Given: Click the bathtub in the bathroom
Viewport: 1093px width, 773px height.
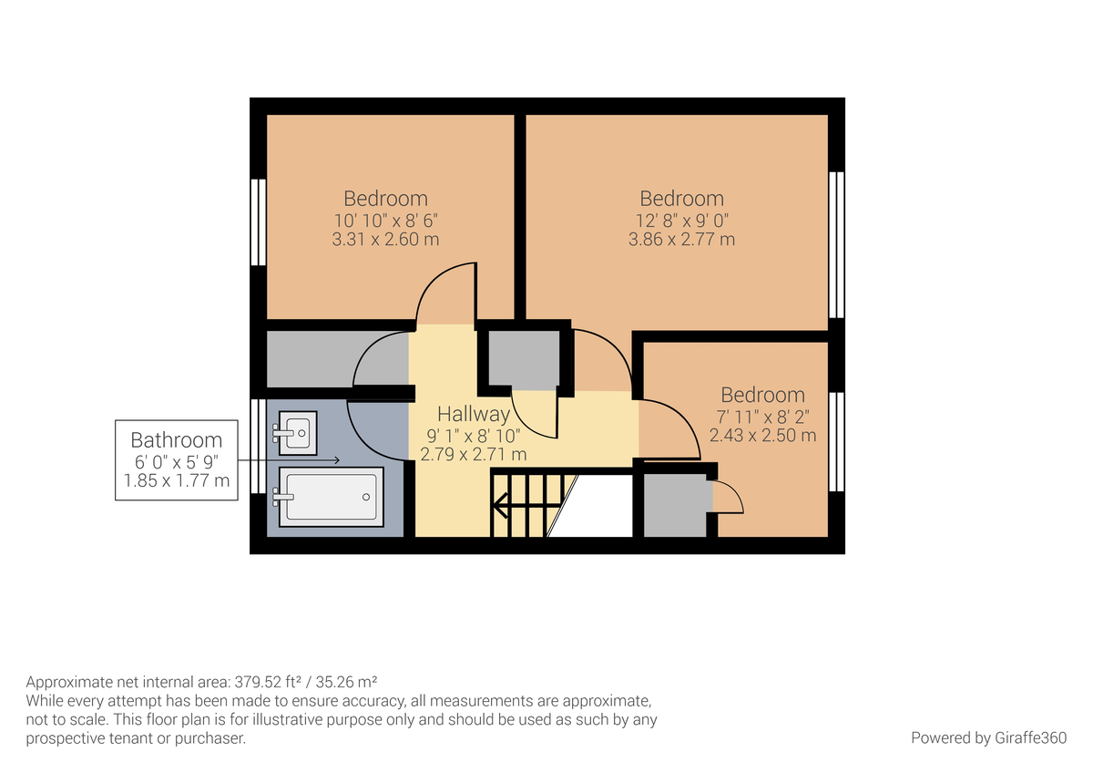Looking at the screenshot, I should (331, 497).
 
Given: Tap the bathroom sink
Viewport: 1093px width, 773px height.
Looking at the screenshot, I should (295, 433).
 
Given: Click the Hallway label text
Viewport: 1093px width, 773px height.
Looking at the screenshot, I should (473, 414).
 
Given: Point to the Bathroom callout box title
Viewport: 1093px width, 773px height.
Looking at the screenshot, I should (176, 440).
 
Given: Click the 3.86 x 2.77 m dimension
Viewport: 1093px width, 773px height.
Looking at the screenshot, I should (681, 240).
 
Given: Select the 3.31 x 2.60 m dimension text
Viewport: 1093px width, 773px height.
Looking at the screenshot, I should (385, 240).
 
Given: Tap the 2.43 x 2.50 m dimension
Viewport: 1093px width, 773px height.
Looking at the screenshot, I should (762, 435).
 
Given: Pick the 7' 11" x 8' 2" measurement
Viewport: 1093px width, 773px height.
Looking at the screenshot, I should (762, 416).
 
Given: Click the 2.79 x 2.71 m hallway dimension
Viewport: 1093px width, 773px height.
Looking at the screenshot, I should (473, 453).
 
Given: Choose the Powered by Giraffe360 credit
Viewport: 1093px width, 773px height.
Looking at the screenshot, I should (988, 737).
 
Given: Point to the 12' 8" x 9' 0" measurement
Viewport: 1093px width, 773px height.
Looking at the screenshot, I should (681, 220).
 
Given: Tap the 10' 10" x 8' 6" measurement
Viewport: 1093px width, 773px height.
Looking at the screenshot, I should (385, 220).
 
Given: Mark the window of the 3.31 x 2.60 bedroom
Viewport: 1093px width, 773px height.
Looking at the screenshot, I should (258, 222).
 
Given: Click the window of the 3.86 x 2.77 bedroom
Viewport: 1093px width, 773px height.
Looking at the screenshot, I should (836, 243).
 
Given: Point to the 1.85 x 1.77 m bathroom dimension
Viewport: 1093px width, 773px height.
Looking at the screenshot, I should (176, 479).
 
